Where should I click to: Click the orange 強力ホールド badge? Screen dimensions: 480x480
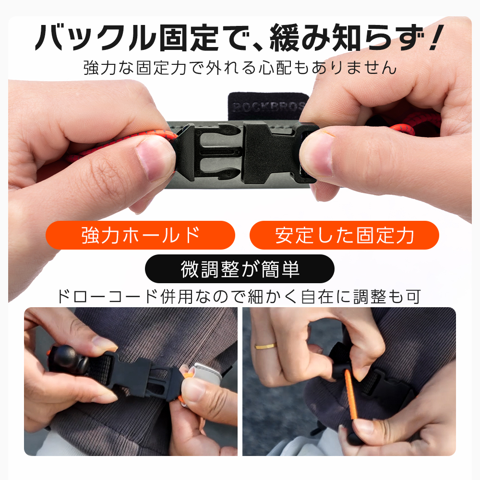tap(140, 235)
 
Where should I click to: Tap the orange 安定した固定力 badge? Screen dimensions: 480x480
tap(344, 235)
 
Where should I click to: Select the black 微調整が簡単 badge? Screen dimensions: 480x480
tap(240, 269)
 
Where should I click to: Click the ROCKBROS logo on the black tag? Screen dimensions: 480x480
tap(267, 106)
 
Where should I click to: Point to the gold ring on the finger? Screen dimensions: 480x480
tap(264, 346)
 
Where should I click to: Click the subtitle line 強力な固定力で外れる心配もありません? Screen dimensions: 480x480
tap(240, 67)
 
